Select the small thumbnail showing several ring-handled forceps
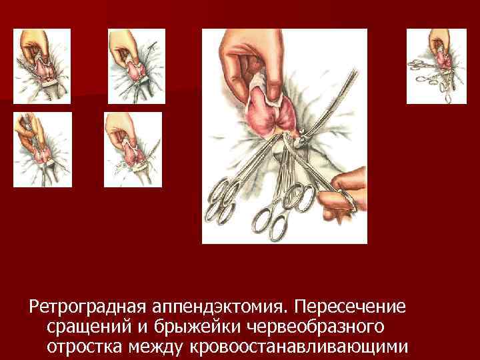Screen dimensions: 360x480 (x=437, y=67)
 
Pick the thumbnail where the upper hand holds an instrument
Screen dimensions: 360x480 (x=42, y=149)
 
